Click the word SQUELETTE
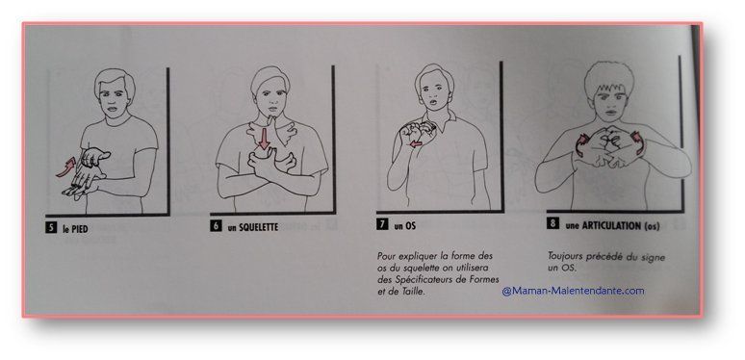(x=259, y=227)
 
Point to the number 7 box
(x=382, y=224)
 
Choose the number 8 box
(x=552, y=223)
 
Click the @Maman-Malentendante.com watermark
(x=573, y=291)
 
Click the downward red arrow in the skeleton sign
(x=263, y=139)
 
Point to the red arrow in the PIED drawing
(x=65, y=168)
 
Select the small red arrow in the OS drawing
(x=416, y=143)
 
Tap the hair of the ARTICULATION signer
(x=609, y=78)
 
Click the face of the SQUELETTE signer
(x=270, y=100)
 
